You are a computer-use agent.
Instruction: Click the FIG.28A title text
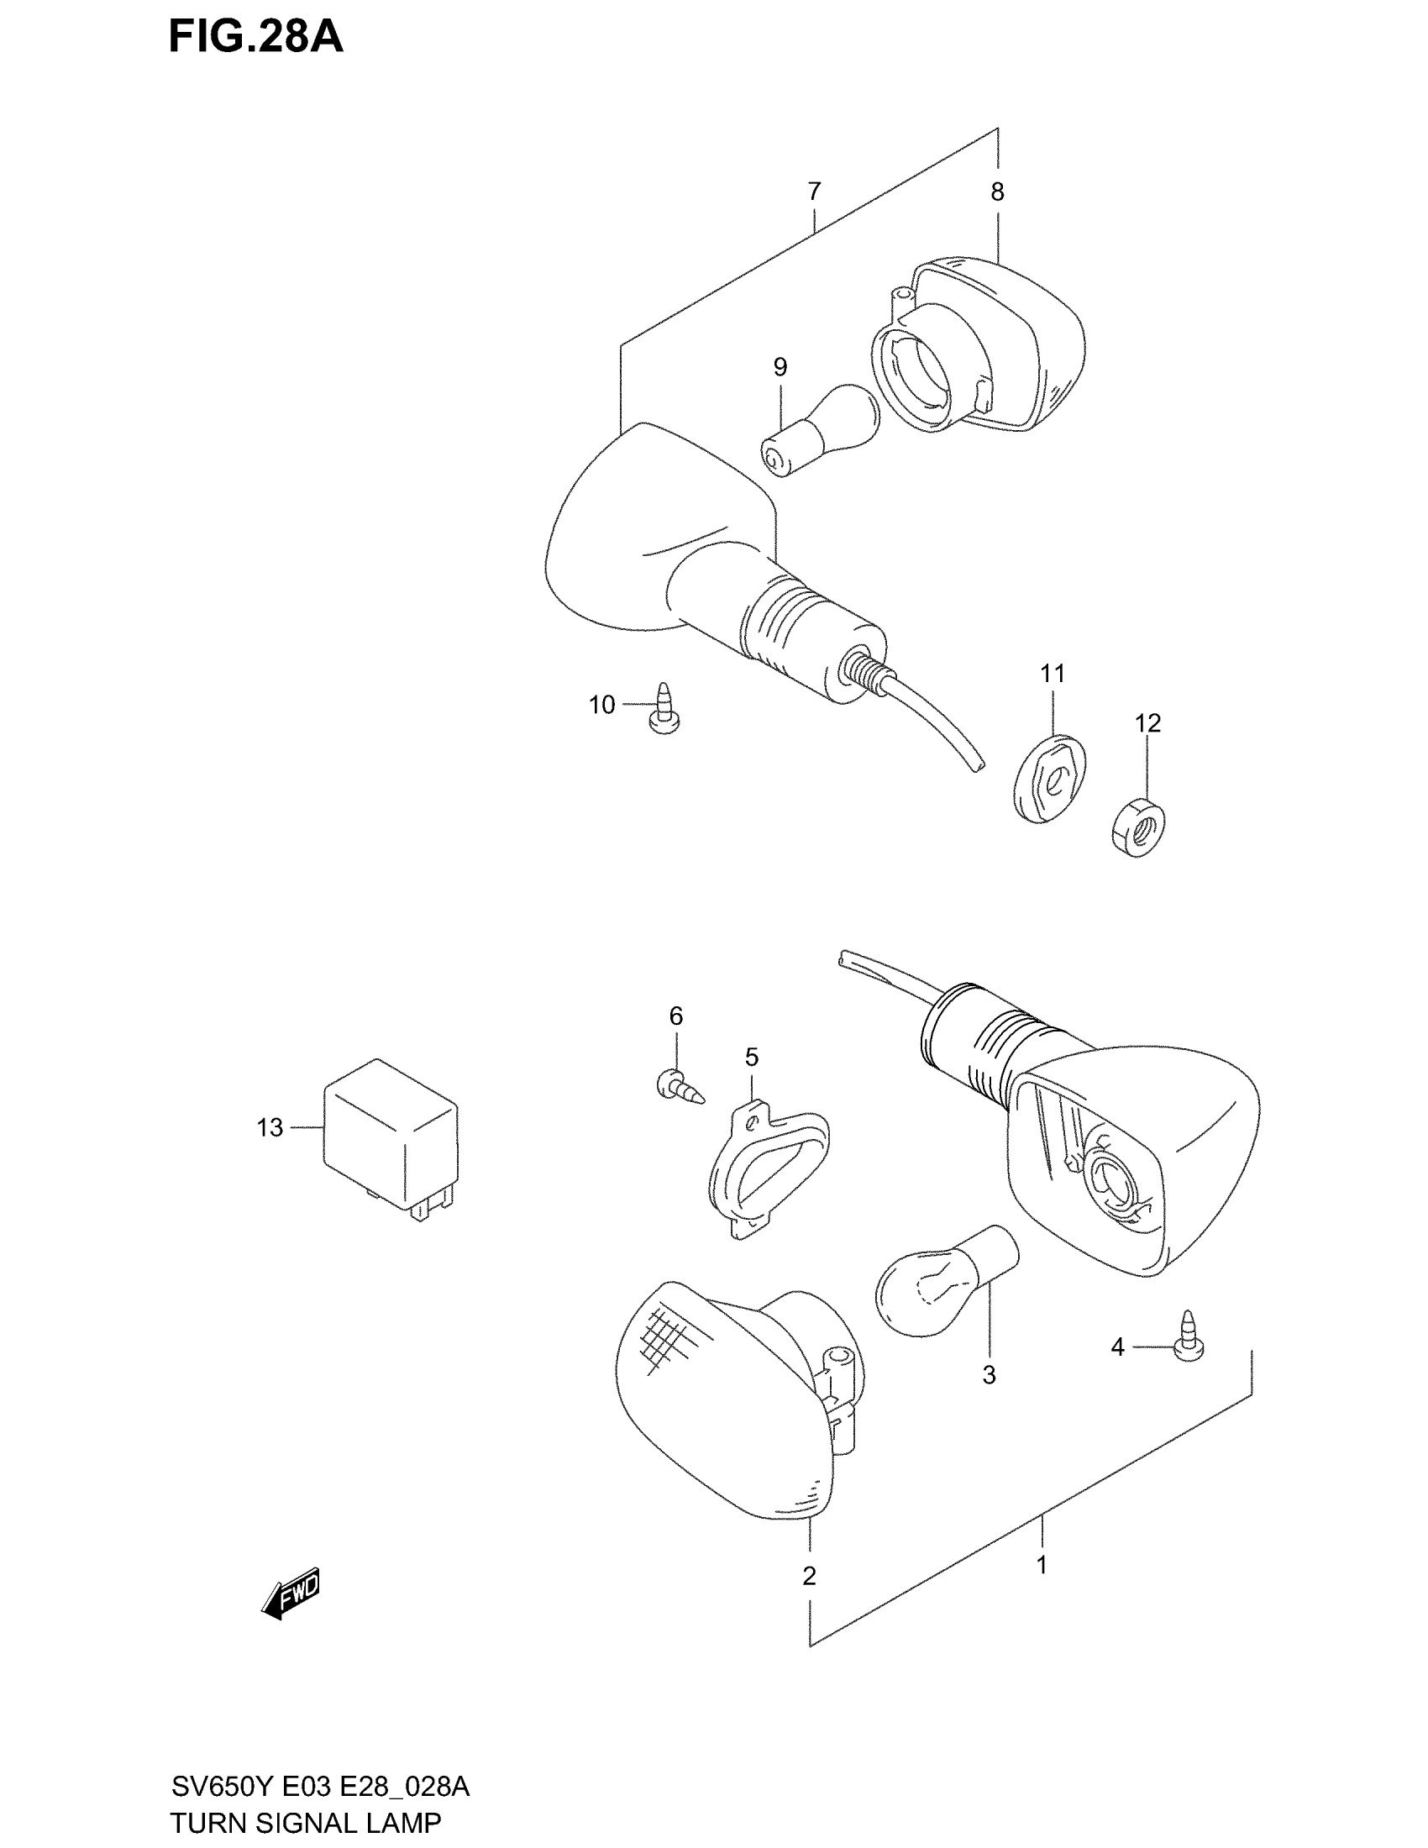point(255,38)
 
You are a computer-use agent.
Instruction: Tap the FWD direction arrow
point(291,1592)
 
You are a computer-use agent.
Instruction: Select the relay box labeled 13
point(390,1139)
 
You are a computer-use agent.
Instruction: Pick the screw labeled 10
point(665,709)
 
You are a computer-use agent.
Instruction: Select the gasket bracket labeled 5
point(766,1168)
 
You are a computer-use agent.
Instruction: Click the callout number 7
point(814,192)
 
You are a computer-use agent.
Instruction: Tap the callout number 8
point(997,192)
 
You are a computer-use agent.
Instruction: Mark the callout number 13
point(270,1128)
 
